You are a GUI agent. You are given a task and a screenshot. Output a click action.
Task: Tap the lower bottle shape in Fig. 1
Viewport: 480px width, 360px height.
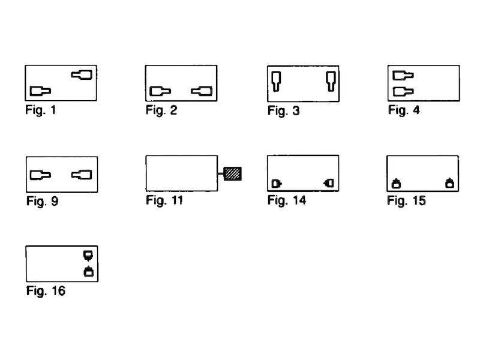tap(40, 91)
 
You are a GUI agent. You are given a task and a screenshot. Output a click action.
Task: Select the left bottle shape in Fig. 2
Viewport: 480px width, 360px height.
tap(160, 91)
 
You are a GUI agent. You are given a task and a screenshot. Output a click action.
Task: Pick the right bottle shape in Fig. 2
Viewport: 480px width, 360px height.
tap(201, 91)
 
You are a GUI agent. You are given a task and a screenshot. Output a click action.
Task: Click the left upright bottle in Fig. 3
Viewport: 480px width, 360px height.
tap(275, 80)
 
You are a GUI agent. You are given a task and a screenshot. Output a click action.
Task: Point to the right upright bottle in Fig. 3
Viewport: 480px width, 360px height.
tap(330, 80)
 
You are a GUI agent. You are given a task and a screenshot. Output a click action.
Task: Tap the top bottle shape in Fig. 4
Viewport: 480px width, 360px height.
tap(402, 76)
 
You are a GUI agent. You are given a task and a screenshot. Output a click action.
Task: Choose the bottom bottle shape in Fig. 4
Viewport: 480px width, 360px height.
tap(402, 91)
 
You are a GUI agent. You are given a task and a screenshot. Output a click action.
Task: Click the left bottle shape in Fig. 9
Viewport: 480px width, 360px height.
tap(40, 175)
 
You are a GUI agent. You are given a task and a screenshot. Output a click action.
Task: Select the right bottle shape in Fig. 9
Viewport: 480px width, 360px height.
tap(81, 175)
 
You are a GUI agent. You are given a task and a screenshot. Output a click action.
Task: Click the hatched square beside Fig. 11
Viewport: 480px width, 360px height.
tap(233, 174)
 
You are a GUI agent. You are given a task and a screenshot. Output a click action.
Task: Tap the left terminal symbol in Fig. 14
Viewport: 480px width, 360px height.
tap(277, 183)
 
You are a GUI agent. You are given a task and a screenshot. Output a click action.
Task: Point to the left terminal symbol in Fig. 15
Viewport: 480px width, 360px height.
tap(397, 184)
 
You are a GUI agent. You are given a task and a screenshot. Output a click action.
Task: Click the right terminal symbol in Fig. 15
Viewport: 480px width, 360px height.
tap(449, 184)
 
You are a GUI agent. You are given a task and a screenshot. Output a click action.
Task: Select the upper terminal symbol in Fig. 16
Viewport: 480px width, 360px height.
tap(88, 255)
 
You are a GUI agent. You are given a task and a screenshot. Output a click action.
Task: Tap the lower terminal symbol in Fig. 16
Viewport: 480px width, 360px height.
tap(88, 272)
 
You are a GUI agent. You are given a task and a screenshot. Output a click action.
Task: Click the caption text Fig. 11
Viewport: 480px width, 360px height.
tap(164, 200)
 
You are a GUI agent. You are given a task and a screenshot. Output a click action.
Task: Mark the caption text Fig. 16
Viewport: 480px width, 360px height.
tap(46, 292)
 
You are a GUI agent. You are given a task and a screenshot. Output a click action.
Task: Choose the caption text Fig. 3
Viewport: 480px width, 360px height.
tap(283, 111)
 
